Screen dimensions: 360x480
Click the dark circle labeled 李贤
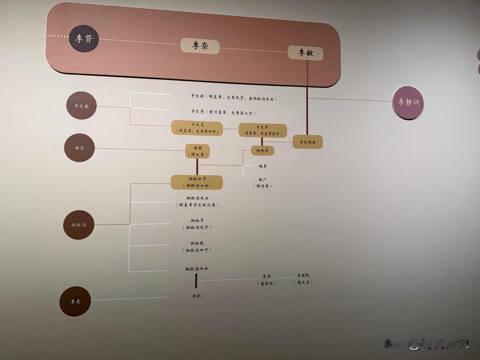click(84, 38)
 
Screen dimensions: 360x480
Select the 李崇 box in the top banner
click(200, 46)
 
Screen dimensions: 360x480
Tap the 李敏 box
click(306, 53)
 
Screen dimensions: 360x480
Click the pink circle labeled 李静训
click(408, 102)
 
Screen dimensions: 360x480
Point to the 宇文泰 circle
click(81, 106)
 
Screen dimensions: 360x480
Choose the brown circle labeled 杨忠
click(79, 148)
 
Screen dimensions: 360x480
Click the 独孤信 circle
click(79, 225)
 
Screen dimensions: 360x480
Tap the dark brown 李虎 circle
click(75, 301)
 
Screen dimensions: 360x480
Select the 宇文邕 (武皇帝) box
click(197, 128)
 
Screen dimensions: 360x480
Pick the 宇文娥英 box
click(307, 142)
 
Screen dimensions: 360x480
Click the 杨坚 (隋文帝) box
click(198, 151)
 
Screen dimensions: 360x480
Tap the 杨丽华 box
click(262, 151)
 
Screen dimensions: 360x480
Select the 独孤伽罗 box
click(197, 182)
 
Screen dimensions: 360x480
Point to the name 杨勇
click(262, 166)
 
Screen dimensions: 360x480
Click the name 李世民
click(303, 276)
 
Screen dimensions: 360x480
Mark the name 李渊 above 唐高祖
click(266, 277)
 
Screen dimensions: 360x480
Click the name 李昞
click(196, 296)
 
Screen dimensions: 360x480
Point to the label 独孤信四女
click(196, 269)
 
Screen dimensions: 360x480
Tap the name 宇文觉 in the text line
click(198, 111)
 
